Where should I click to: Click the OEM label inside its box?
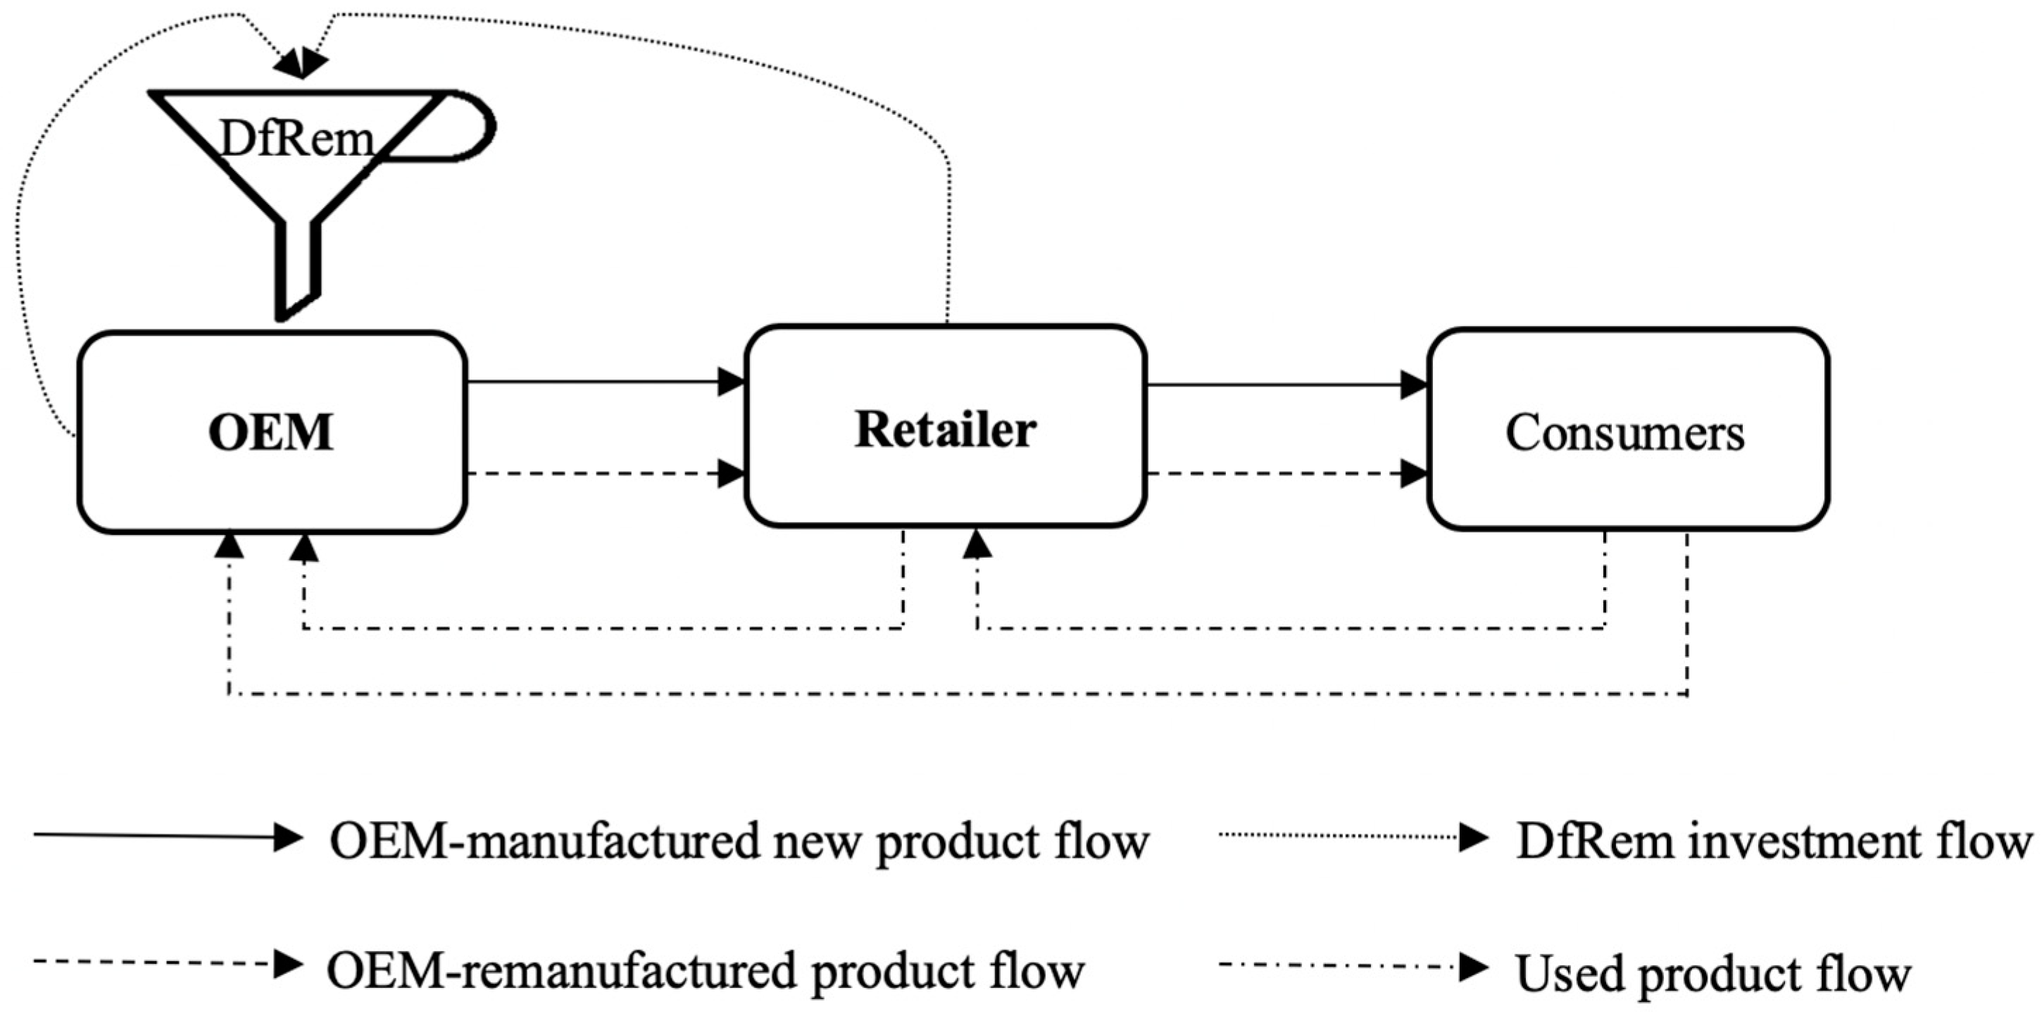[x=270, y=433]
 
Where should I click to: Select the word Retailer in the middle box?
[x=945, y=430]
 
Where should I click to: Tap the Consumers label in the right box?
[x=1624, y=433]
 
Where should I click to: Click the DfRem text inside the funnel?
[x=296, y=139]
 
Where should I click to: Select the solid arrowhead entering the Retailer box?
[x=731, y=382]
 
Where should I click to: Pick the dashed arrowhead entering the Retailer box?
[x=731, y=473]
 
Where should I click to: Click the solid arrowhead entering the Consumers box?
[x=1413, y=385]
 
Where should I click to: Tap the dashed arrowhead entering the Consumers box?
[x=1413, y=473]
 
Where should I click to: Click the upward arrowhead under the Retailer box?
[x=977, y=544]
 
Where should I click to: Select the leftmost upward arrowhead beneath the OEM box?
[x=229, y=544]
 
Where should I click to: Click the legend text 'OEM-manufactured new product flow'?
[x=739, y=841]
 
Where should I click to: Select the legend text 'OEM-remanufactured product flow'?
[x=705, y=971]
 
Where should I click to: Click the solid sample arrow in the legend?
[x=166, y=837]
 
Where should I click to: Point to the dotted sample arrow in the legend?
[x=1351, y=837]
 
